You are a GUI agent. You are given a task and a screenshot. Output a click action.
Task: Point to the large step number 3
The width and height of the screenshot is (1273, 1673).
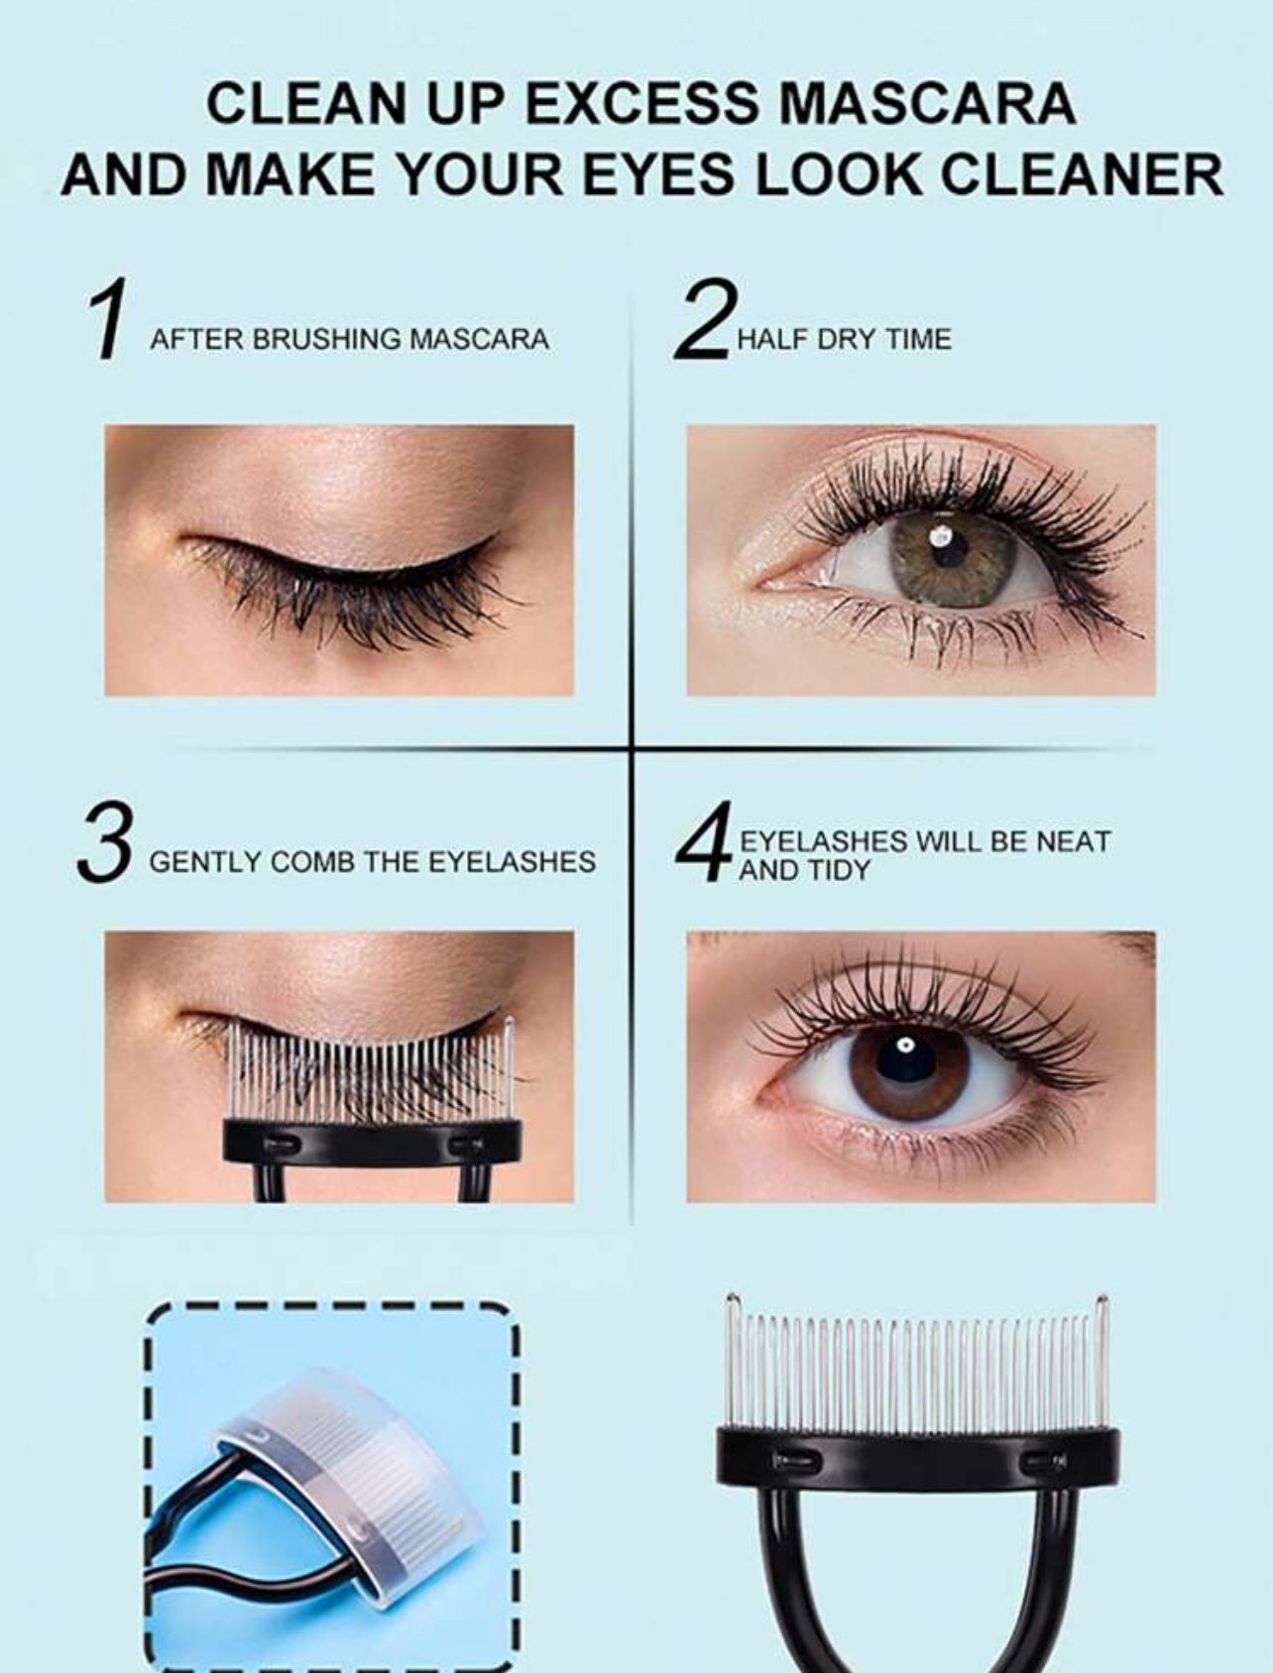click(104, 843)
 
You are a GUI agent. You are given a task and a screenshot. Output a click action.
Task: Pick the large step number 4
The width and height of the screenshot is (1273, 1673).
click(705, 842)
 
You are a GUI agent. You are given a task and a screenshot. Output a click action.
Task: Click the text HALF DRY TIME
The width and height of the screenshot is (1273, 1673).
click(844, 339)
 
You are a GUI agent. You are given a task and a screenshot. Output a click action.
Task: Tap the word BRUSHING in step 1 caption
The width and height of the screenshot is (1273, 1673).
click(324, 339)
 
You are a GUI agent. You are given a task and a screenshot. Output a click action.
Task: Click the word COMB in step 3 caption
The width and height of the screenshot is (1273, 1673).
click(312, 861)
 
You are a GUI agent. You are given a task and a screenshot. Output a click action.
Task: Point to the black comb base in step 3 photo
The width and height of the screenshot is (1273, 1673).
click(372, 1141)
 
